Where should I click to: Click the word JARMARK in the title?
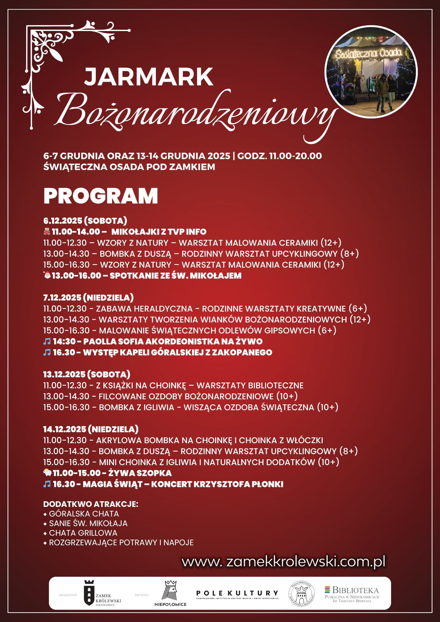149,77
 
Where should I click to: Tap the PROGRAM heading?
101,196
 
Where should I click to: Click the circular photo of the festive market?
371,72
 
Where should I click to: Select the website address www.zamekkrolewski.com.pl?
283,561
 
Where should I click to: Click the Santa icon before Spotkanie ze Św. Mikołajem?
47,275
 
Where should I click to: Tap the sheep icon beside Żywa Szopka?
47,473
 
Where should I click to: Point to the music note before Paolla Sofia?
47,341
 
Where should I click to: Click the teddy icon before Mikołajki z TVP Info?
47,231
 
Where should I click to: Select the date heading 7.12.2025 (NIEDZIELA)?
88,298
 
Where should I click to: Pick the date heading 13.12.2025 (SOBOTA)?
87,374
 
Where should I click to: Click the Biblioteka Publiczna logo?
352,594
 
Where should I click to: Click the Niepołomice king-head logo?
170,593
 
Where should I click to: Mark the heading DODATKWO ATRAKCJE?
91,504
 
